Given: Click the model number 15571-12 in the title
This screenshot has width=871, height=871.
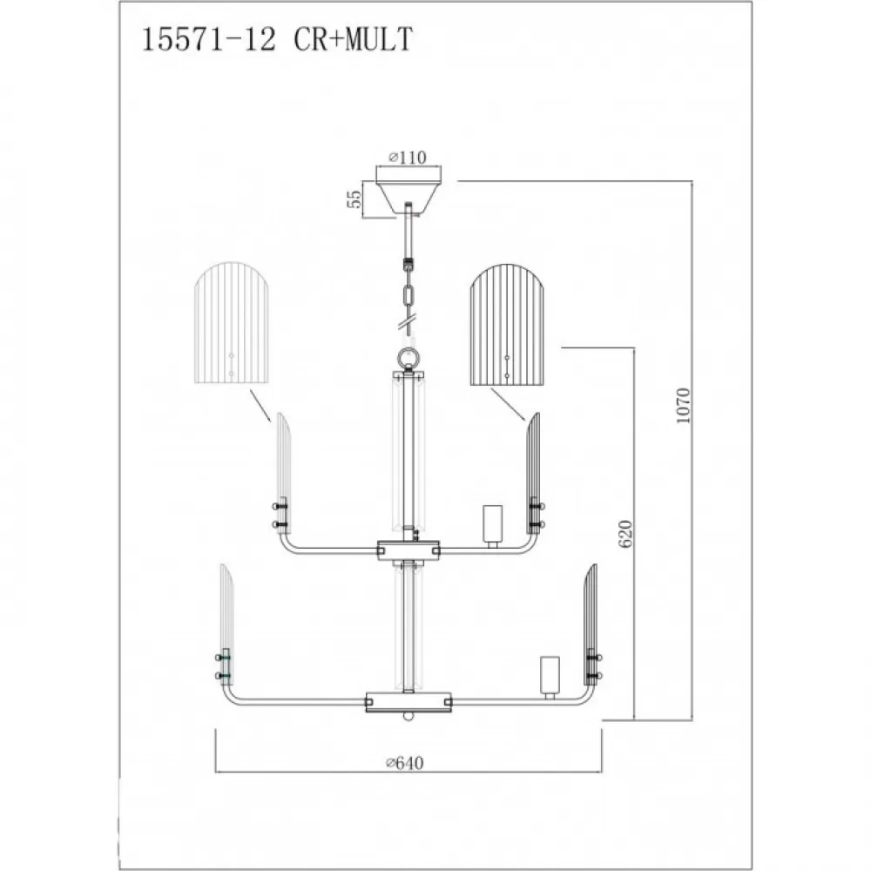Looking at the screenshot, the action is point(209,39).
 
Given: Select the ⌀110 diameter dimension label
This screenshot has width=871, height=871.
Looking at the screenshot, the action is point(408,158).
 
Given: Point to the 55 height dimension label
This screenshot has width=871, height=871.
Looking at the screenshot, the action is point(354,199).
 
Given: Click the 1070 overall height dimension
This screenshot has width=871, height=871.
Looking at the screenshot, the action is point(683,406).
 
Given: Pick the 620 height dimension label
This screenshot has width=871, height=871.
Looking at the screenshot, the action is point(625,534).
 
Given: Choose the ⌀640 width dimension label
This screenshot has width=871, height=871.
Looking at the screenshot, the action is point(405,763).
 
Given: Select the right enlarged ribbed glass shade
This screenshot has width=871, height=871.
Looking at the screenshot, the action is point(508,325).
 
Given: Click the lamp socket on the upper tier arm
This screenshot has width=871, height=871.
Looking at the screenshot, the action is point(492,525).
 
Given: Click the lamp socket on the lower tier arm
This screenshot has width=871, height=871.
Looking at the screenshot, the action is point(550,677).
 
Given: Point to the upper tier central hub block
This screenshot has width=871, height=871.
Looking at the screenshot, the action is point(408,550).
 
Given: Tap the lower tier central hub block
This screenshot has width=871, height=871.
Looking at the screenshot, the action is point(408,701).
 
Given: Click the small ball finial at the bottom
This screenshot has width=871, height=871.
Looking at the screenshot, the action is point(408,716).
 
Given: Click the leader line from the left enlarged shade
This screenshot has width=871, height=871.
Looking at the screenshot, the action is point(260,405).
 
